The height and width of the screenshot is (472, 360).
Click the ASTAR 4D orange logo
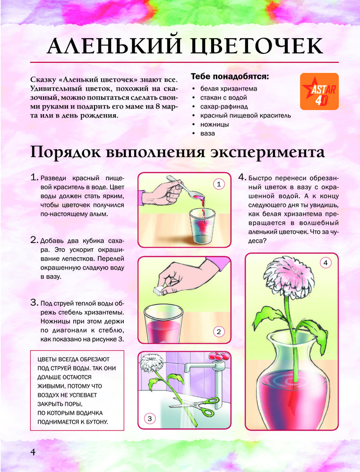319,92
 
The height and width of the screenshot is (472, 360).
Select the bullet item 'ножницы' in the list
214,124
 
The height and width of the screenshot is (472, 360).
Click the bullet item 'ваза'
207,134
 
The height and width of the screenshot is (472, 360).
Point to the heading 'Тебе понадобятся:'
230,76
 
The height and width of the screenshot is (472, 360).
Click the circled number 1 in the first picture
219,184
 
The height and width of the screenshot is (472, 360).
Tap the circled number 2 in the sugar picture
219,332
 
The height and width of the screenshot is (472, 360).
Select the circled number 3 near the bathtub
150,418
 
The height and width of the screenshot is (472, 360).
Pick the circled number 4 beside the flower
326,263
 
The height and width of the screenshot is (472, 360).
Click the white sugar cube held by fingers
158,290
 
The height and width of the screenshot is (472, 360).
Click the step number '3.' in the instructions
34,303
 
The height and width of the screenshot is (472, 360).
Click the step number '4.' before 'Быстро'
242,177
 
